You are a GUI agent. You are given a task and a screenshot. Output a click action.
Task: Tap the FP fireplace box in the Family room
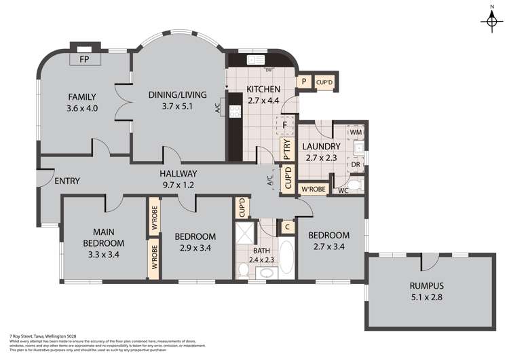(85, 60)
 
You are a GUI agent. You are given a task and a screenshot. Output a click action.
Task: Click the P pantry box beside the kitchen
(305, 83)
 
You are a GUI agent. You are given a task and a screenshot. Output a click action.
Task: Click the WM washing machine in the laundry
(356, 131)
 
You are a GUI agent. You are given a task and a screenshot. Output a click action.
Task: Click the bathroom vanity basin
(265, 273)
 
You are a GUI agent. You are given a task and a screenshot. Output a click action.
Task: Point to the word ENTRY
(67, 181)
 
